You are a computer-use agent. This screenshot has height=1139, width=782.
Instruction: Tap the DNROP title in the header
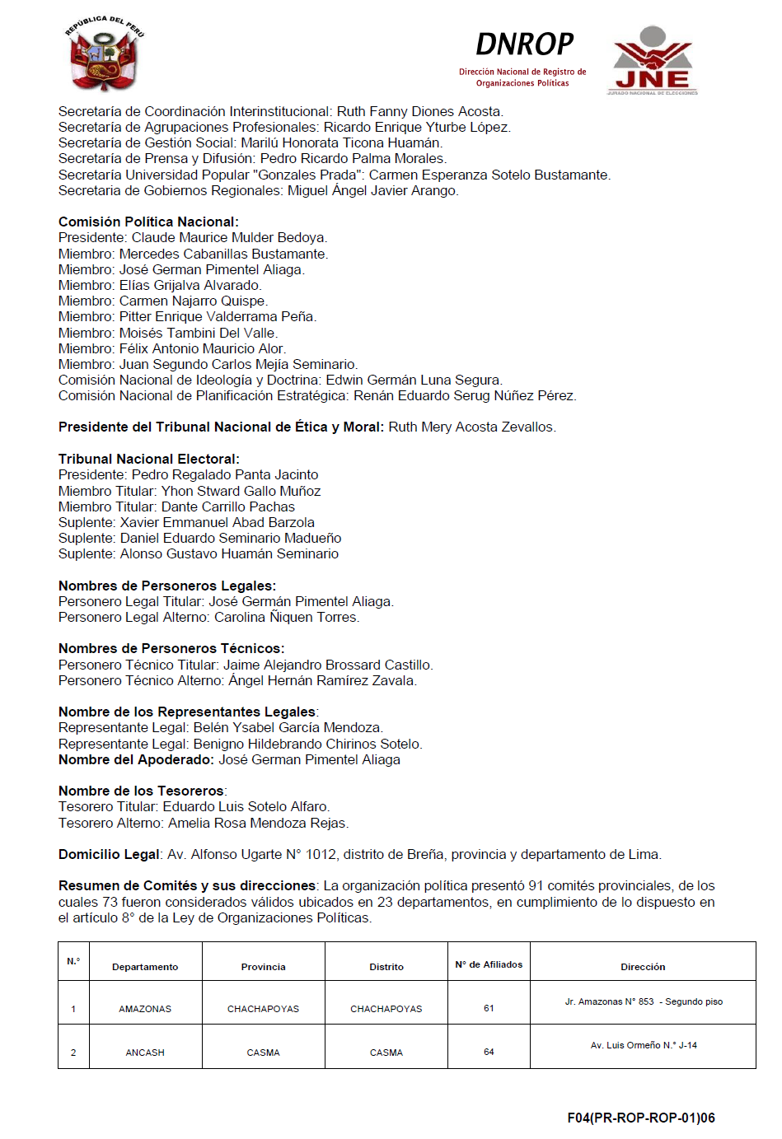[524, 44]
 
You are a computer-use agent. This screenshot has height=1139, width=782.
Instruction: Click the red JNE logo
[653, 60]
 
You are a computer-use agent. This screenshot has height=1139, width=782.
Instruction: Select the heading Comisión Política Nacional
[148, 222]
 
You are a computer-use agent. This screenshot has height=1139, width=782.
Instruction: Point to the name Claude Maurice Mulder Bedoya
[229, 237]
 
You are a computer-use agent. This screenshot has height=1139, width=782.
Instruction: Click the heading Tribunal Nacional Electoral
[148, 459]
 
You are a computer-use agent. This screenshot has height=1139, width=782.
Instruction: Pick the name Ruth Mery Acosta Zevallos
[471, 427]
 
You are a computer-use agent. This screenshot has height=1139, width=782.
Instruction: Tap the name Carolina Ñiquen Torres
[286, 617]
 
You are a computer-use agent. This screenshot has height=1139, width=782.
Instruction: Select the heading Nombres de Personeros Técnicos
[171, 648]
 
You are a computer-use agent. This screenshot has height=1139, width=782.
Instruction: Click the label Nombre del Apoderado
[136, 759]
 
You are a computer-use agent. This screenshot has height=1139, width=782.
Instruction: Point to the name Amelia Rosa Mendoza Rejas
[258, 823]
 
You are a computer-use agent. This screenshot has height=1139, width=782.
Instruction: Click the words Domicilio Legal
[109, 854]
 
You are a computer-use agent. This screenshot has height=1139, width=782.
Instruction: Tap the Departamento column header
[145, 967]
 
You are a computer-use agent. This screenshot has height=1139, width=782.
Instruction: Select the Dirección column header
[643, 967]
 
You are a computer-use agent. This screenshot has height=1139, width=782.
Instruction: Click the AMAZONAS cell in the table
[145, 1009]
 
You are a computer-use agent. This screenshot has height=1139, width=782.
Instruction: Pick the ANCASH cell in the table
[145, 1053]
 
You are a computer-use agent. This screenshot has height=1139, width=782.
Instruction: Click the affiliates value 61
[489, 1008]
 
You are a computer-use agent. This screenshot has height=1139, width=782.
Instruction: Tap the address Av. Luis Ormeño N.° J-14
[644, 1045]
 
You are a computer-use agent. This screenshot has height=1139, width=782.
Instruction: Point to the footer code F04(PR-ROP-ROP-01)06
[640, 1118]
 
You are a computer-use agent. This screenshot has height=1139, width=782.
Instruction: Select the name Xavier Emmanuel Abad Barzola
[217, 522]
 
